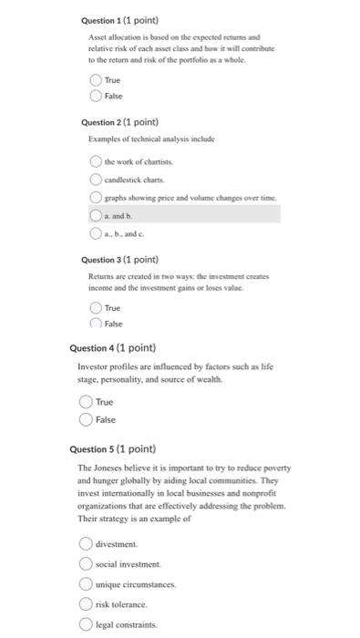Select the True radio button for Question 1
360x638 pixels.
click(x=96, y=80)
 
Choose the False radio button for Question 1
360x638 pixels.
click(x=96, y=96)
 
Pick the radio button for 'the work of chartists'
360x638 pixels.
click(x=96, y=161)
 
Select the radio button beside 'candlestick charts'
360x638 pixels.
click(x=96, y=179)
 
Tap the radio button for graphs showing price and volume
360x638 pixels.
click(x=96, y=197)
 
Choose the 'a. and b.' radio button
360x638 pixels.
click(x=96, y=215)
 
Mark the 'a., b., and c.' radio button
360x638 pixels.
click(x=96, y=232)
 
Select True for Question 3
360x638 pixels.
click(x=96, y=308)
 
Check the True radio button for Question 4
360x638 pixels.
click(x=86, y=402)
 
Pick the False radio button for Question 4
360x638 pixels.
click(x=86, y=419)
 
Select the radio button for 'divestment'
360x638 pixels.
click(x=86, y=543)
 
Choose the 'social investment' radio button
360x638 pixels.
click(x=86, y=564)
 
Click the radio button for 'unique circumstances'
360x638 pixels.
click(x=86, y=584)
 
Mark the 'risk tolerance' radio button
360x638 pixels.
click(x=86, y=604)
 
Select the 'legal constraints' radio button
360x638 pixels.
click(x=86, y=624)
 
